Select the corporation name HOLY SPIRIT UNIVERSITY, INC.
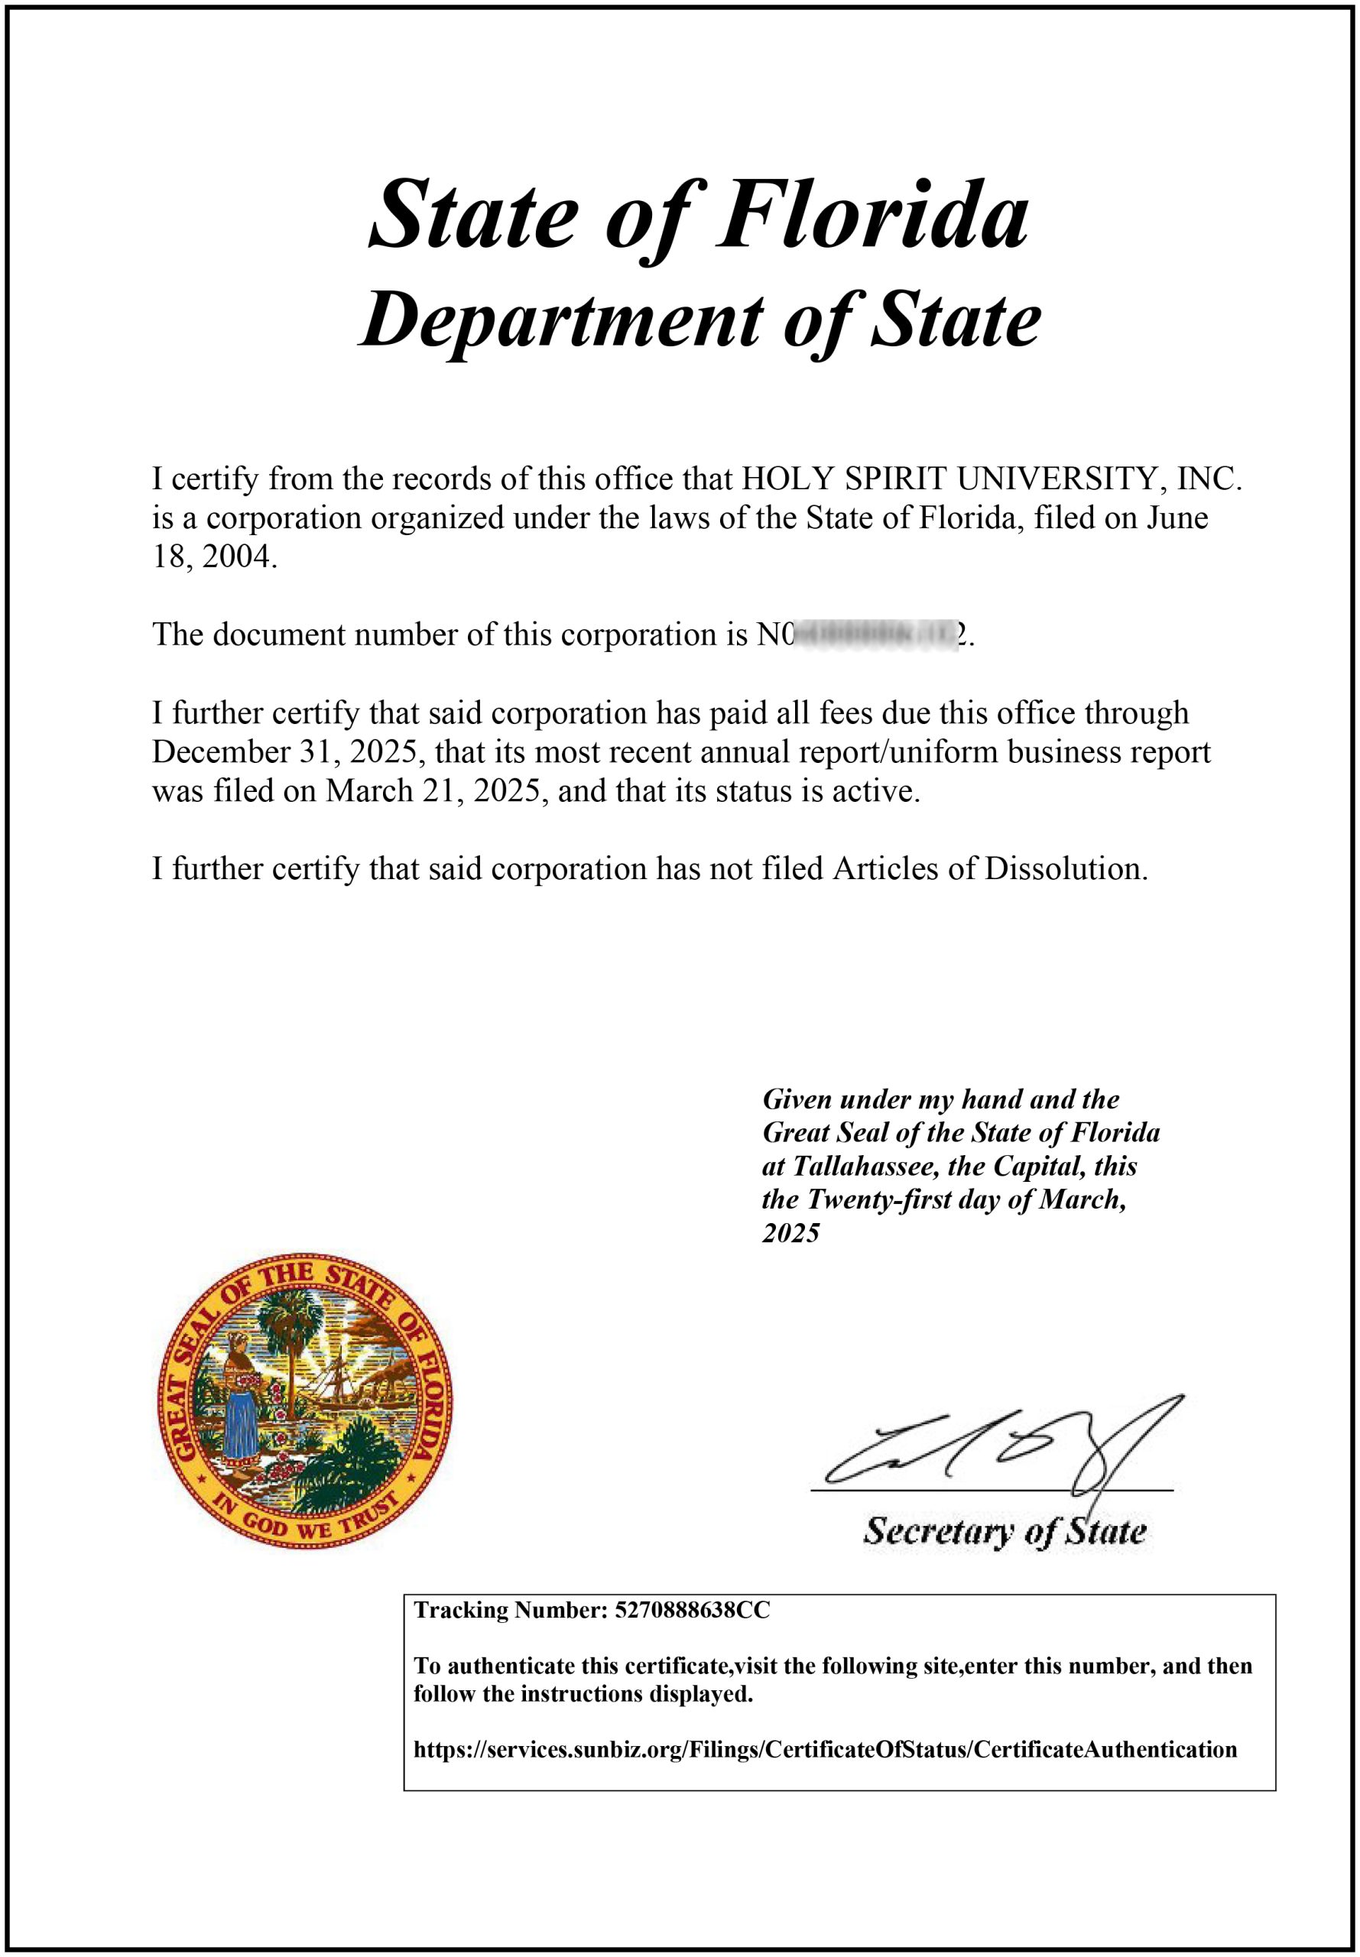click(991, 479)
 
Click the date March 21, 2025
click(432, 791)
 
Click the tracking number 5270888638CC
click(691, 1611)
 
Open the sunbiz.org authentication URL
click(825, 1750)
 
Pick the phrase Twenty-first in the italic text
click(878, 1199)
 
